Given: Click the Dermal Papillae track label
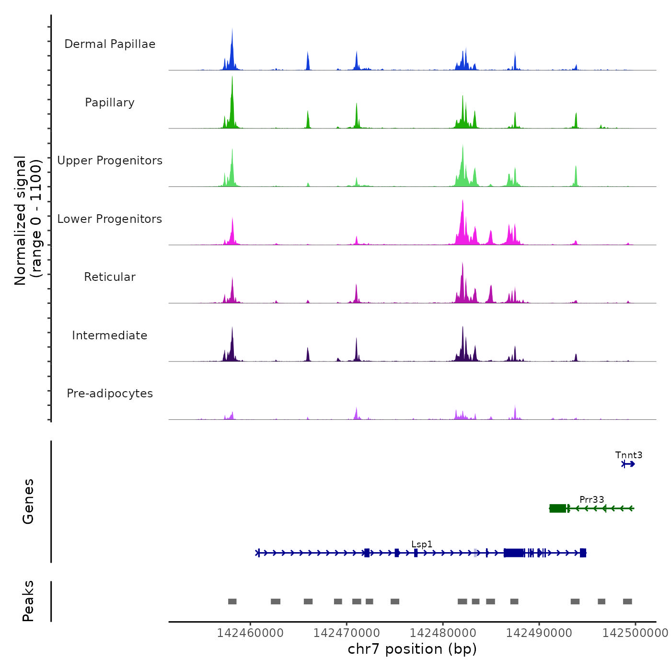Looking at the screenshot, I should [110, 44].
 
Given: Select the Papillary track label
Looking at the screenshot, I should [110, 103].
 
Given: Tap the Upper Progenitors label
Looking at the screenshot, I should [110, 161].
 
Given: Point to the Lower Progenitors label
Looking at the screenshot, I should [110, 219].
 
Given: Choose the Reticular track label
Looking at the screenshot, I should [110, 277].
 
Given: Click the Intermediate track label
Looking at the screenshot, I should [110, 335].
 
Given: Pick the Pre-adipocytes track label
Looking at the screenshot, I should [110, 393].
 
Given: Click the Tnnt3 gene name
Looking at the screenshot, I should [629, 455].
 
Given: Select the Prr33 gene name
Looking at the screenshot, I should [591, 499].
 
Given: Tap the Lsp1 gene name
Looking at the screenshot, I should [422, 544].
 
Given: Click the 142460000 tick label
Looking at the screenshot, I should [250, 633].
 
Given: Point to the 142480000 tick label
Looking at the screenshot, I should [443, 633].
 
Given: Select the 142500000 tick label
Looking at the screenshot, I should [635, 633].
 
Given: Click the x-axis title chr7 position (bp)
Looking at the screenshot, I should [412, 649].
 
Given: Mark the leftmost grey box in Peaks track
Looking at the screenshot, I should [232, 602].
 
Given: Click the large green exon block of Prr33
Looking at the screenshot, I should [557, 509].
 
